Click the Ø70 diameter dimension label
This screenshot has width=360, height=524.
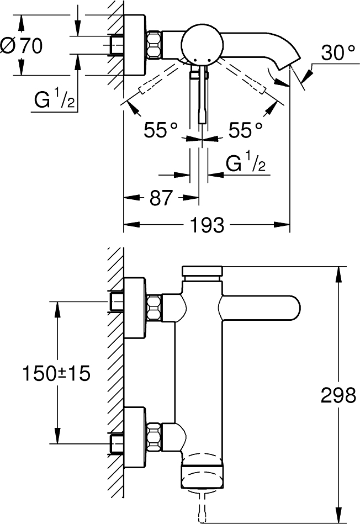coord(22,47)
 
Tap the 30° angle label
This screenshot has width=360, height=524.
coord(337,54)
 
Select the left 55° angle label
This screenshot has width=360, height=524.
coord(161,131)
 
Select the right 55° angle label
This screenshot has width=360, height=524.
coord(245,131)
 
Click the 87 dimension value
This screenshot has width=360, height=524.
coord(161,197)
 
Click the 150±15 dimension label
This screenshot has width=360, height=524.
coord(56,373)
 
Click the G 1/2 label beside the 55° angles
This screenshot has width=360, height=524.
coord(246,164)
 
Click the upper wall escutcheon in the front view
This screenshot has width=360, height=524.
coord(135,304)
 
